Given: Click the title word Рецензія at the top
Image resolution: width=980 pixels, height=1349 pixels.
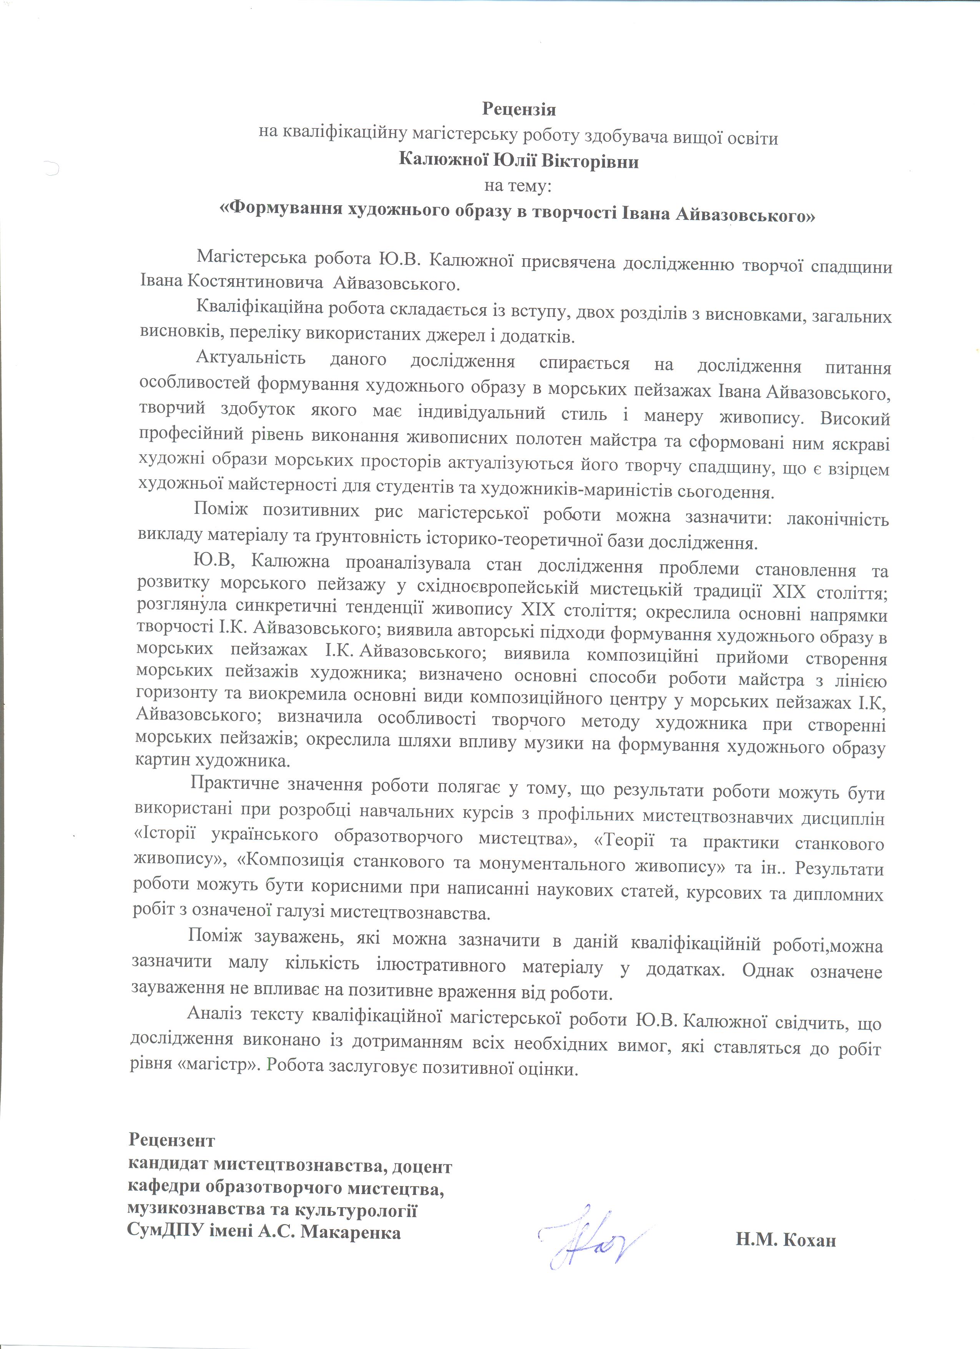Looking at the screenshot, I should click(518, 110).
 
